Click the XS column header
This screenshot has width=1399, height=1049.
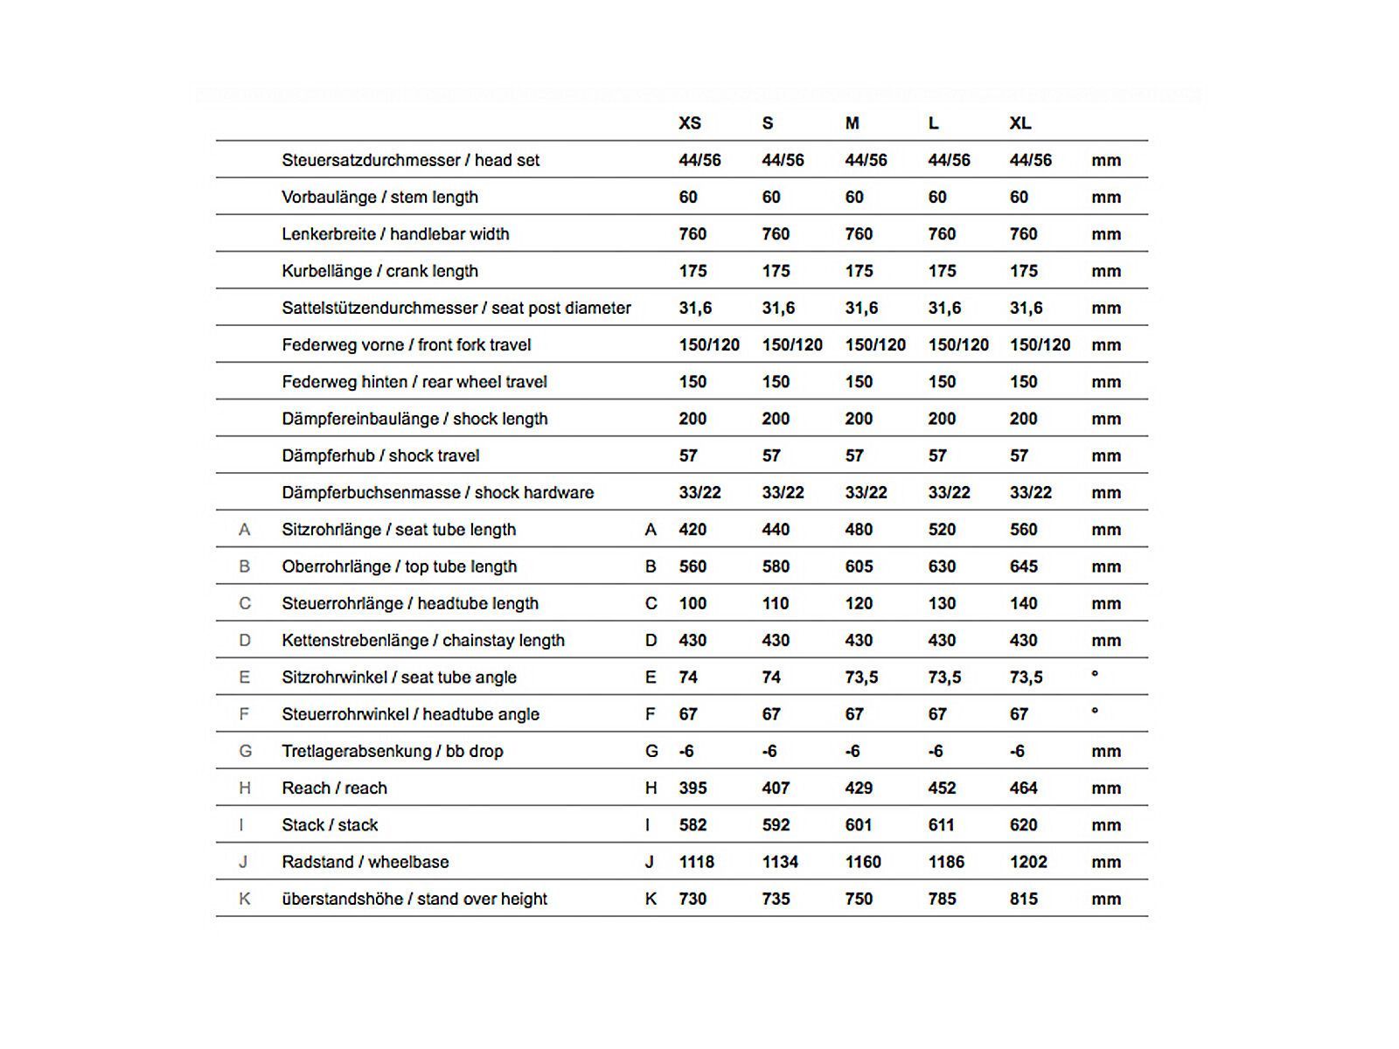pos(690,123)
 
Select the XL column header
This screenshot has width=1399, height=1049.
pos(1020,123)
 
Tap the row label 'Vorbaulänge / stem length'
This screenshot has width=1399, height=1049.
pos(379,197)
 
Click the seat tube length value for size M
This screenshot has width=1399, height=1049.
pos(859,530)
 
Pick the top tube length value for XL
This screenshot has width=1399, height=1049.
pos(1023,566)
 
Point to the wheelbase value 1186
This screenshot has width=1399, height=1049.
pos(946,862)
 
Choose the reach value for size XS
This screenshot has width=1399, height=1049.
pos(693,788)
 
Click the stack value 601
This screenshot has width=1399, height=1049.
pos(859,825)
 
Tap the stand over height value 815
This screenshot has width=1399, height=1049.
pos(1023,899)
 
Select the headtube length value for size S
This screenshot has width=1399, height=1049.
pos(775,603)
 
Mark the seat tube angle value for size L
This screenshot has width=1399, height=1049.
pos(944,677)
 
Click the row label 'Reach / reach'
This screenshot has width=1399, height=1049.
pos(334,788)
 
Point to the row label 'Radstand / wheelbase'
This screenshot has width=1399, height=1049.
pos(365,862)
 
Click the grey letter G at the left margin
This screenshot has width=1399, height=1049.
pos(245,751)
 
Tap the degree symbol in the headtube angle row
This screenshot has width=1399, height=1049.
pos(1095,712)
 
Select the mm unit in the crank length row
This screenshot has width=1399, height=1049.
pos(1106,271)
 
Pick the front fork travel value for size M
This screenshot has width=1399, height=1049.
pos(875,345)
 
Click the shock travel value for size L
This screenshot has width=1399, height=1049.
pos(937,455)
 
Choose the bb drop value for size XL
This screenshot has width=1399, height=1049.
pos(1017,751)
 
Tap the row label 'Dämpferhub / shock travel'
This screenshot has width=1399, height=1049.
pos(380,455)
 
